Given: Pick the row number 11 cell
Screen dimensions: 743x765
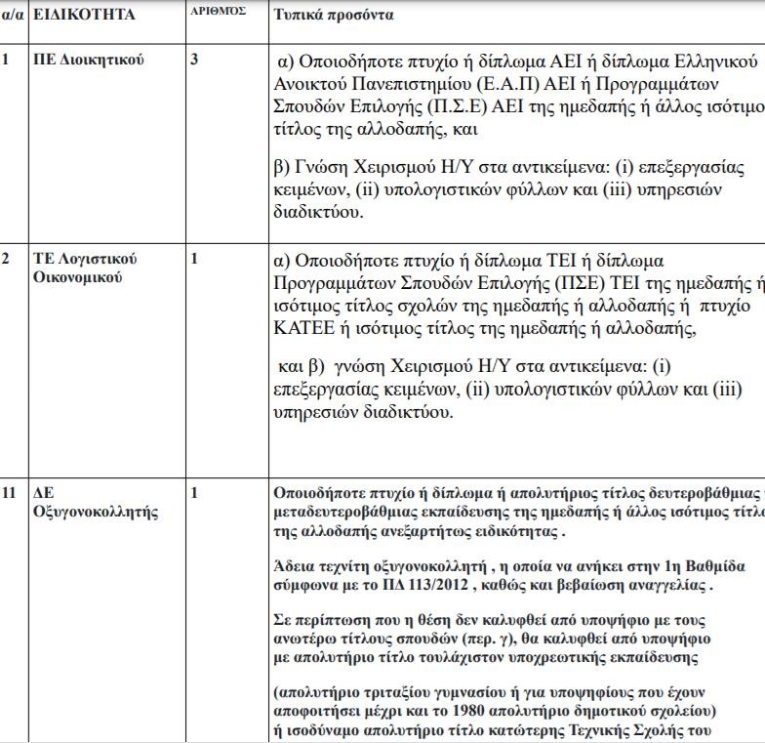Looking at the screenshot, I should pos(9,492).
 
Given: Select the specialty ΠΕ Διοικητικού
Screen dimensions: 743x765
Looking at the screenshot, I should pos(89,61).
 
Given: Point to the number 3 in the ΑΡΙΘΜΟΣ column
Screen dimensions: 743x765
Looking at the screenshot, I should pos(194,61).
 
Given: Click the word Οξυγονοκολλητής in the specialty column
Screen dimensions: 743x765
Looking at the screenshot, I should pos(96,511).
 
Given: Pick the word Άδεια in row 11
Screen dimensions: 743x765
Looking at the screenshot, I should pos(295,567).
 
